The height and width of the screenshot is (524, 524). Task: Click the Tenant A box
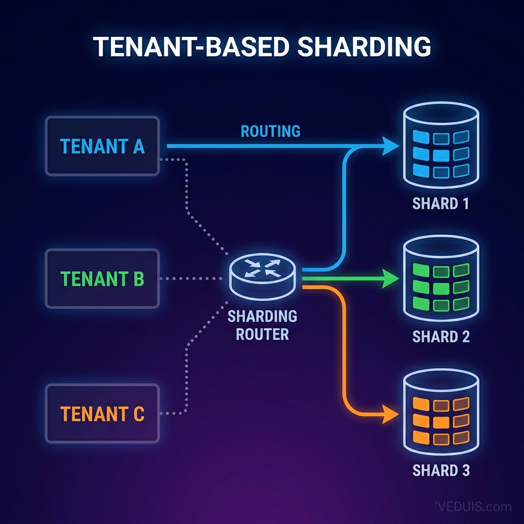[102, 146]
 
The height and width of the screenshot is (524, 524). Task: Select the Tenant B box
[102, 279]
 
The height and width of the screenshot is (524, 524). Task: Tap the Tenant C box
[102, 413]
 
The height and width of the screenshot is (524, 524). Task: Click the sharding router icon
[264, 274]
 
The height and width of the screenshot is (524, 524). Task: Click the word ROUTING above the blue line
[270, 131]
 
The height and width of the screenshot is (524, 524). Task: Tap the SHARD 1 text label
[441, 204]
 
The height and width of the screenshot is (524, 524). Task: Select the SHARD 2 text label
[441, 337]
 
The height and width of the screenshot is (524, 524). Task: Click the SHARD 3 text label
[441, 470]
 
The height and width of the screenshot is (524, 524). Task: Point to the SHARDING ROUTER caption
[263, 325]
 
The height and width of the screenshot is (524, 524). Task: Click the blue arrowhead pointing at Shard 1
[391, 146]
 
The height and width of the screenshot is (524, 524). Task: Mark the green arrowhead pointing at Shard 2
[391, 279]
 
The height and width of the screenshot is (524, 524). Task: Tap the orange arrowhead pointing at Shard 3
[391, 413]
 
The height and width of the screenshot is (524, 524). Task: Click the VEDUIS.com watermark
[473, 507]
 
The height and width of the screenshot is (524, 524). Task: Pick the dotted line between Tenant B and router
[192, 279]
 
